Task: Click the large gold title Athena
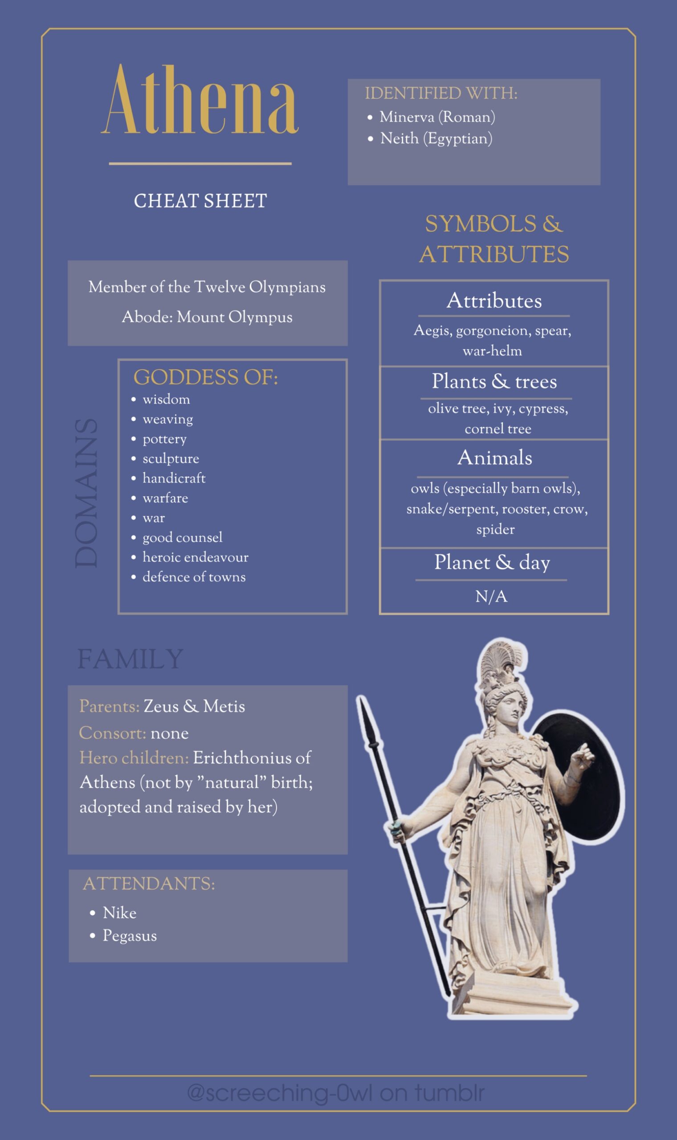pyautogui.click(x=200, y=100)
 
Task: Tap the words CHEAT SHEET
pyautogui.click(x=200, y=201)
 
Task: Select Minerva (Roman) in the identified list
pyautogui.click(x=437, y=117)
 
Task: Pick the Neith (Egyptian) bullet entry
pyautogui.click(x=436, y=138)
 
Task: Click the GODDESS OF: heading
pyautogui.click(x=205, y=378)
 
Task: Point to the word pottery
pyautogui.click(x=165, y=439)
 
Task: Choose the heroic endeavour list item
pyautogui.click(x=195, y=557)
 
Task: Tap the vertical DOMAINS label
pyautogui.click(x=87, y=493)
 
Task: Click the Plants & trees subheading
pyautogui.click(x=494, y=382)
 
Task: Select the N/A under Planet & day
pyautogui.click(x=491, y=596)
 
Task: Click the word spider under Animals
pyautogui.click(x=495, y=529)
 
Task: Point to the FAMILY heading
pyautogui.click(x=130, y=659)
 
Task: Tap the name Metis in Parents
pyautogui.click(x=224, y=706)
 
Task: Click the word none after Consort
pyautogui.click(x=169, y=733)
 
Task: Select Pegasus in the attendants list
pyautogui.click(x=130, y=936)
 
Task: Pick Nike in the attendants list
pyautogui.click(x=119, y=913)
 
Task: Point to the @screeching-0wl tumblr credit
pyautogui.click(x=336, y=1093)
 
